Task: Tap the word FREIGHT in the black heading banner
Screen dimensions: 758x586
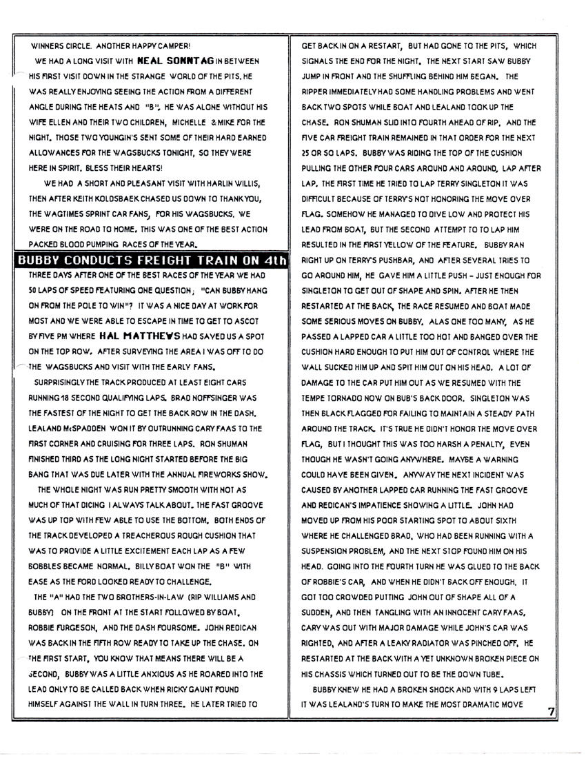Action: click(x=148, y=261)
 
